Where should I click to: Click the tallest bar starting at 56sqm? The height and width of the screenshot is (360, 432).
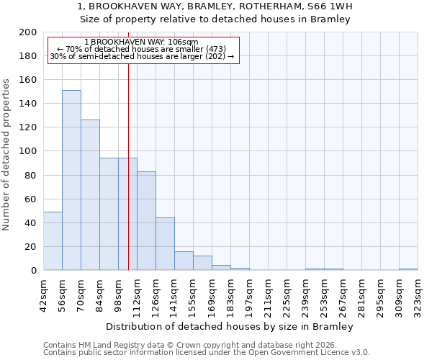(x=71, y=180)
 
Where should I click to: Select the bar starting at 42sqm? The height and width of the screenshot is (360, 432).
(x=53, y=241)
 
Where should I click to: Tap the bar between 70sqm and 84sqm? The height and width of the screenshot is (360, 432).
(x=90, y=194)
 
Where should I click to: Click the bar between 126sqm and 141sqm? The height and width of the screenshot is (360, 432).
(x=165, y=244)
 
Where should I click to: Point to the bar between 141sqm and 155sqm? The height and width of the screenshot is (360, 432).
(x=184, y=261)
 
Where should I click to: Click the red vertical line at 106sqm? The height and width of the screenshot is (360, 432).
(x=128, y=180)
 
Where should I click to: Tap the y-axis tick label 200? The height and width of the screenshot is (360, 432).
(x=28, y=32)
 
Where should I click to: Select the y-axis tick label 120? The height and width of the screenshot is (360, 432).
(x=28, y=127)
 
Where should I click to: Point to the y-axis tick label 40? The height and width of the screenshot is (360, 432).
(x=31, y=222)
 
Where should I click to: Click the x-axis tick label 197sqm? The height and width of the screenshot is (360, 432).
(x=249, y=294)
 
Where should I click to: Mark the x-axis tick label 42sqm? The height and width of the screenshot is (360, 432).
(x=43, y=294)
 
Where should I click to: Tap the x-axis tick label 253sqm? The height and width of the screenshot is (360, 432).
(x=324, y=294)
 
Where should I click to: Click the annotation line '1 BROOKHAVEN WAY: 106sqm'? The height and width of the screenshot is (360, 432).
(x=141, y=42)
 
